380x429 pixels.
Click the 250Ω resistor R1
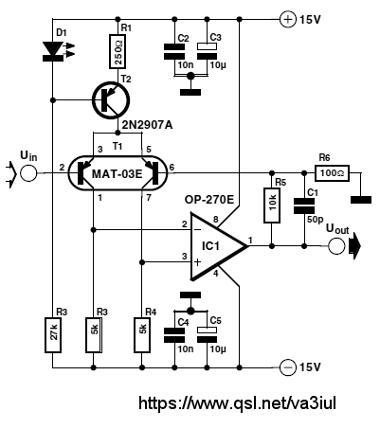tap(118, 52)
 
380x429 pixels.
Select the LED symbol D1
tap(53, 50)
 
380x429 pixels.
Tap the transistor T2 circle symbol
tap(111, 100)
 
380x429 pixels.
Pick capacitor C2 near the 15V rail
tap(174, 52)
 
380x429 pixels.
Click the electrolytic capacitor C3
tap(207, 51)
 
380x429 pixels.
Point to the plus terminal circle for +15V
tap(288, 20)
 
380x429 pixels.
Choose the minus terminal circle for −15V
tap(288, 367)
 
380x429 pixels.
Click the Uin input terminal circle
tap(28, 173)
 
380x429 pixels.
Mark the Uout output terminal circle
tap(336, 246)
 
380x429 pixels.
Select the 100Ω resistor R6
tap(332, 173)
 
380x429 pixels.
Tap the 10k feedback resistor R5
tap(272, 206)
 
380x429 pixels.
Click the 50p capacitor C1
tap(304, 206)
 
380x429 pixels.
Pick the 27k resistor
tap(53, 335)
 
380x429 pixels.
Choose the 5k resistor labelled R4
tap(142, 335)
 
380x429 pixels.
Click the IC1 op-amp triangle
tap(219, 246)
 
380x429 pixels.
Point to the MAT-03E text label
tap(118, 174)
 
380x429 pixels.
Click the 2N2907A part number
tap(147, 125)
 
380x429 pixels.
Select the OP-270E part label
tap(209, 200)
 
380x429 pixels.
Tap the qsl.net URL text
tap(237, 403)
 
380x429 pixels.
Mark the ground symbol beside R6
tap(361, 200)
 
